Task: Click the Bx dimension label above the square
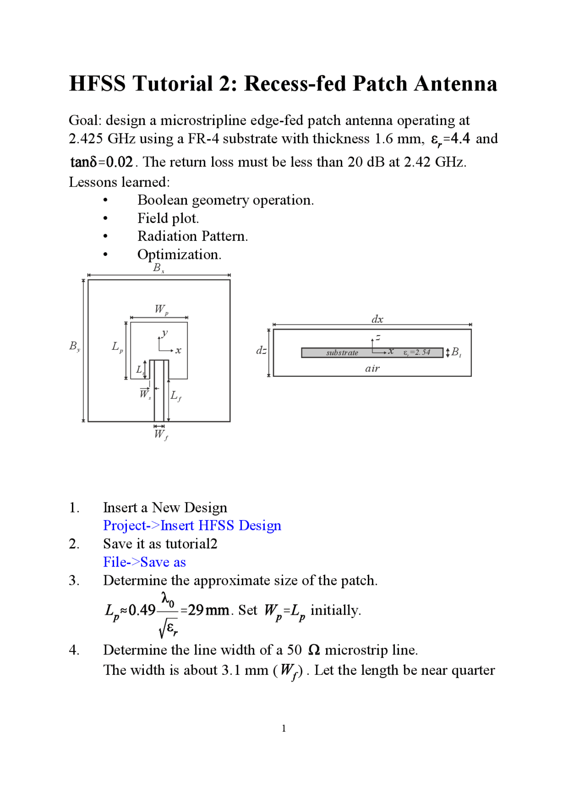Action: tap(158, 268)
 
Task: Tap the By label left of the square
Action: tap(75, 346)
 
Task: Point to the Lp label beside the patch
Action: tap(117, 347)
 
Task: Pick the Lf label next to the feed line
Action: tap(176, 396)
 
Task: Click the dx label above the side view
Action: tap(377, 319)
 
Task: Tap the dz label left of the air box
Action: tap(261, 351)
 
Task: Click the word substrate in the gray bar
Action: tap(342, 353)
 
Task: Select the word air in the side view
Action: tap(372, 368)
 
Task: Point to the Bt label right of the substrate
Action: tap(456, 353)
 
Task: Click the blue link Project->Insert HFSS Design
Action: tap(192, 525)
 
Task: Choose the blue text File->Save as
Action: tap(144, 562)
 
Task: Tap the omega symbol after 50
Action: tap(314, 650)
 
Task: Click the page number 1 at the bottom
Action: tap(284, 729)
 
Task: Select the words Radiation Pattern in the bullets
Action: tap(192, 236)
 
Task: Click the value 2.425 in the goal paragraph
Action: tap(86, 139)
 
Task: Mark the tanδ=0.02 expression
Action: tap(102, 162)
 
